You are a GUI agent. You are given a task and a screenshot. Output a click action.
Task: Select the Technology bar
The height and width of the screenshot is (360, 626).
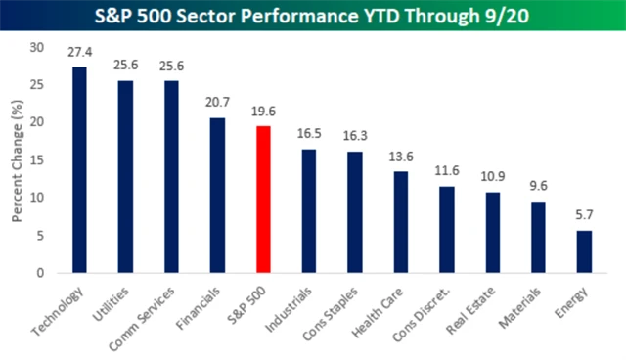[79, 170]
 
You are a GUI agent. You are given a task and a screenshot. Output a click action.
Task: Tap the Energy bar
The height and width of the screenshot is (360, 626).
[584, 251]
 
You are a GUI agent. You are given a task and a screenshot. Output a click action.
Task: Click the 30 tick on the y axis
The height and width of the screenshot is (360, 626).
[37, 47]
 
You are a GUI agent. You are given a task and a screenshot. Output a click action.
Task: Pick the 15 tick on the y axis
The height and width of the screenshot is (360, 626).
[37, 160]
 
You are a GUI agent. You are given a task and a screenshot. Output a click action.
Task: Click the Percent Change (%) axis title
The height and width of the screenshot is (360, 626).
[18, 159]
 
